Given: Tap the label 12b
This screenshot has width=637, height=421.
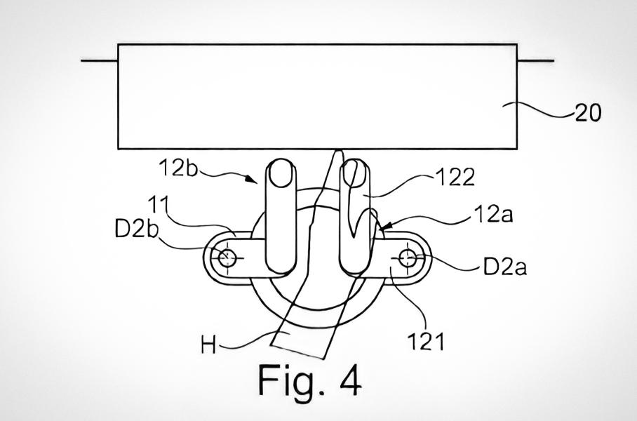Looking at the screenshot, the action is pyautogui.click(x=178, y=167).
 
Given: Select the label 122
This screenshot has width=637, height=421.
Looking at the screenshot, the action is pyautogui.click(x=455, y=178).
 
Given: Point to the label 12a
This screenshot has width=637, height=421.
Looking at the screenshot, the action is pyautogui.click(x=492, y=214).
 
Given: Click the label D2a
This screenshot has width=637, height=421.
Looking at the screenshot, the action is pyautogui.click(x=505, y=267).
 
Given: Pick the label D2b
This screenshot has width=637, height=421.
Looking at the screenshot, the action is pyautogui.click(x=136, y=229).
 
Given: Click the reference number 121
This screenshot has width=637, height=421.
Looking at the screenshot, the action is pyautogui.click(x=426, y=341).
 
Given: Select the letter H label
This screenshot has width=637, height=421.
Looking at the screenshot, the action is pyautogui.click(x=208, y=346).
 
